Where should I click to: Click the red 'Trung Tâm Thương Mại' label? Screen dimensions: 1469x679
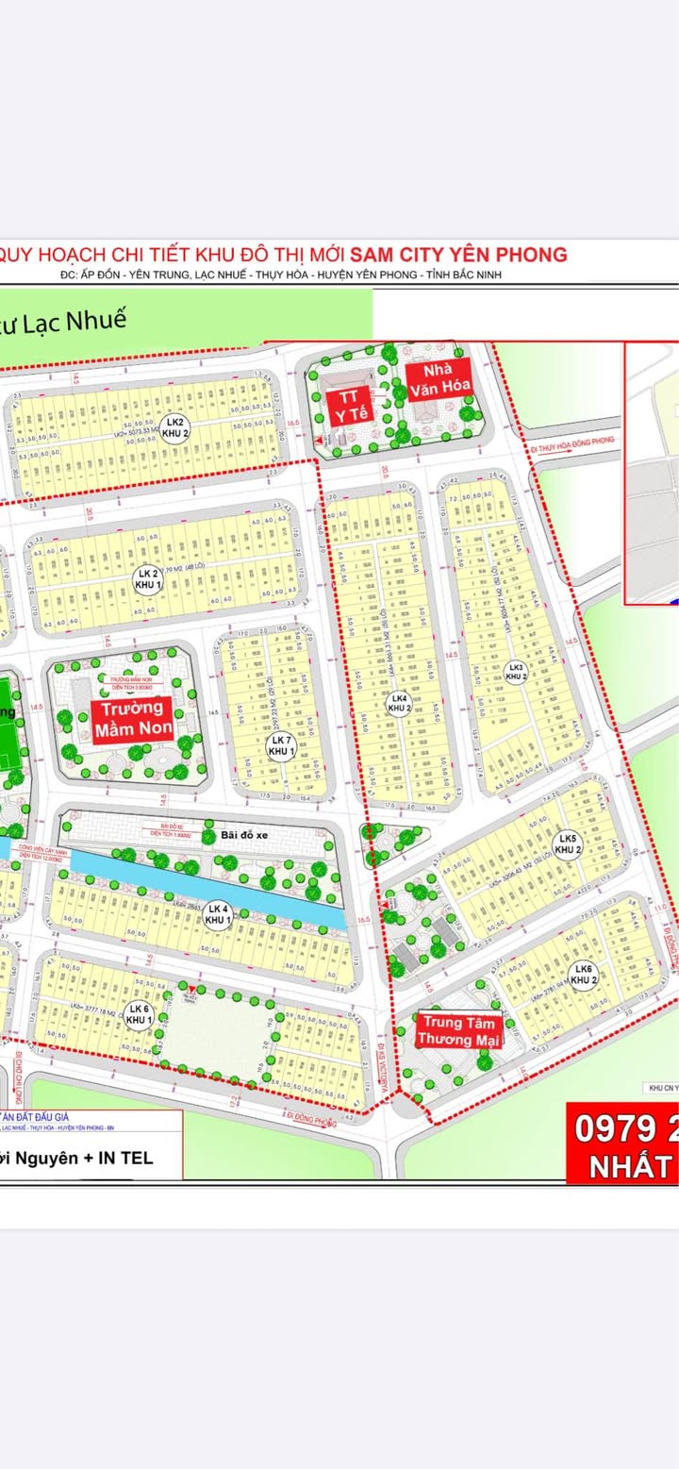460,1030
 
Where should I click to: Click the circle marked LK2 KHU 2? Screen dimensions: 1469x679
174,426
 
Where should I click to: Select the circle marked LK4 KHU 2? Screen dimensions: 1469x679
399,702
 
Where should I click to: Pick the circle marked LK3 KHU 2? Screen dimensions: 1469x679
514,671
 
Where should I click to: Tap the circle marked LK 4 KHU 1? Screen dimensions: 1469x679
219,913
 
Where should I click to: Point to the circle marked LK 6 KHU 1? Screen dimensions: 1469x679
140,1013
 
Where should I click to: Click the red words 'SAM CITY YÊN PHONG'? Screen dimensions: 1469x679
458,254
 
